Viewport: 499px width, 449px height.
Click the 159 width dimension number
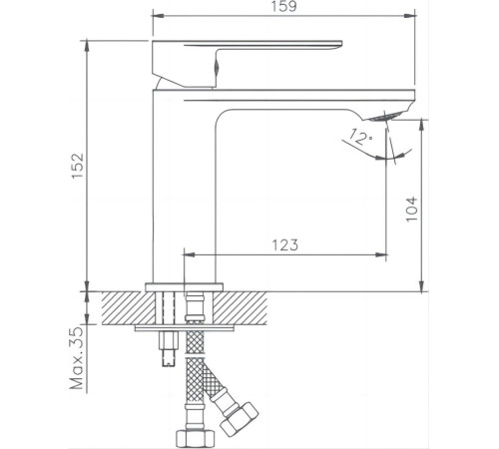pos(282,7)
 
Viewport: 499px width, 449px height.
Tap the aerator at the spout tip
pos(395,116)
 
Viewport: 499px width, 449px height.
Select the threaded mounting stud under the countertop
pos(167,351)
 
